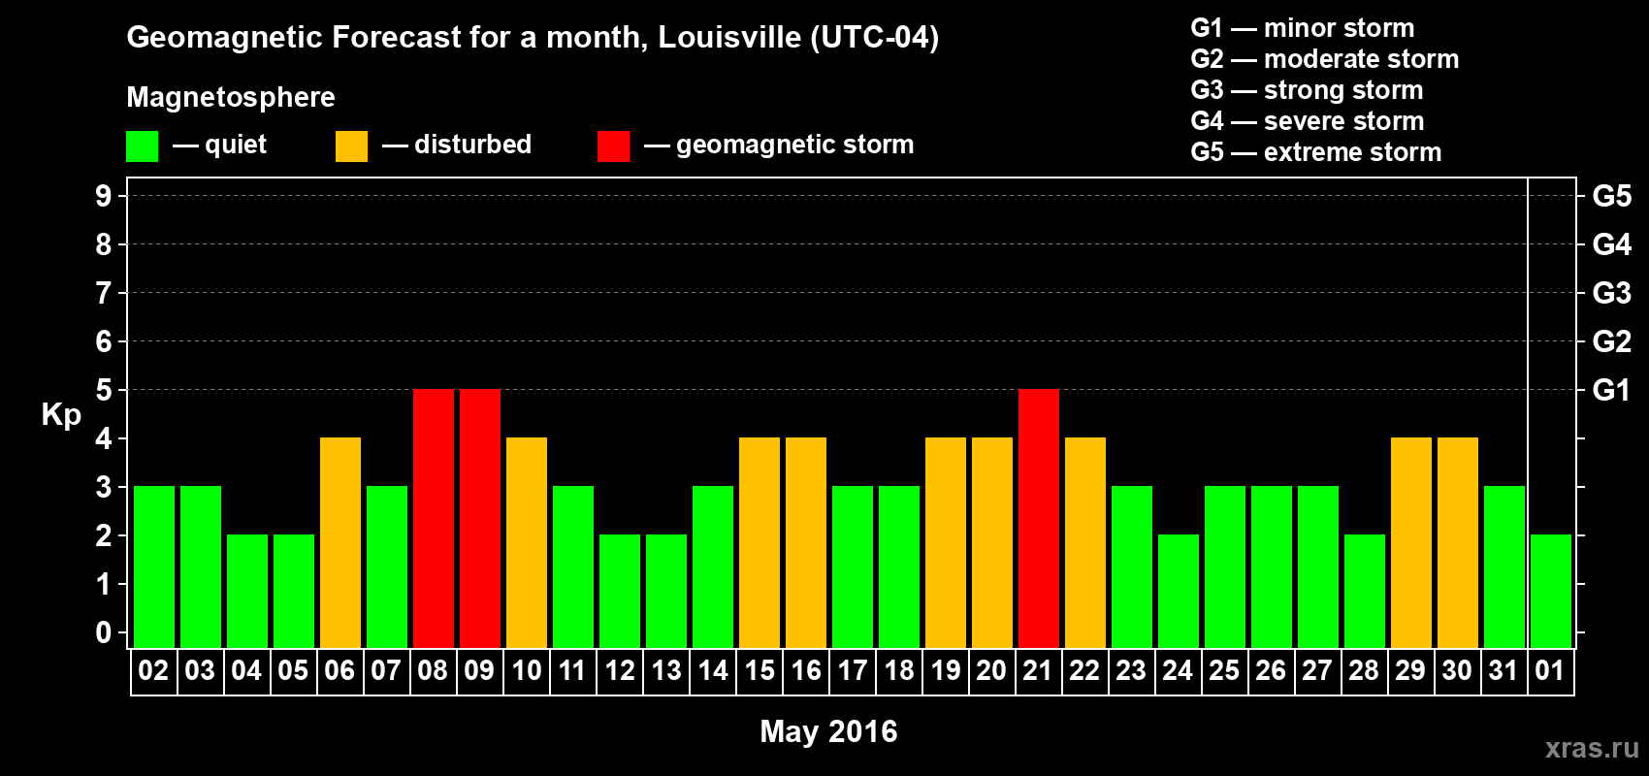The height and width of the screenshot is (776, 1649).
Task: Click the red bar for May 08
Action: click(433, 518)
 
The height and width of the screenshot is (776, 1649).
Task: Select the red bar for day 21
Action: click(1038, 518)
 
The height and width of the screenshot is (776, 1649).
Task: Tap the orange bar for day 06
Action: click(339, 542)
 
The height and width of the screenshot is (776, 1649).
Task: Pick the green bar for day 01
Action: click(1550, 591)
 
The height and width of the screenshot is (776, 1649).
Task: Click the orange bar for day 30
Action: click(1457, 542)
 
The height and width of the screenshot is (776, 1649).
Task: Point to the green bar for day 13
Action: click(665, 591)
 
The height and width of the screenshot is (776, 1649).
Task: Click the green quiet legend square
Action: click(142, 146)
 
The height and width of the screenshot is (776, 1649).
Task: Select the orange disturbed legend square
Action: click(351, 146)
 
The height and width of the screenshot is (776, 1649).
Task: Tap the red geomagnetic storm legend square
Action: click(613, 146)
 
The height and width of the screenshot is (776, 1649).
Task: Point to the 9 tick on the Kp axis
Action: click(104, 196)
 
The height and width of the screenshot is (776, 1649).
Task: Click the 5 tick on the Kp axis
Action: click(104, 390)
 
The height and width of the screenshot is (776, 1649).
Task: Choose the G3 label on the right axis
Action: click(1611, 293)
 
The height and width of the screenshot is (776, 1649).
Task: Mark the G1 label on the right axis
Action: click(1611, 390)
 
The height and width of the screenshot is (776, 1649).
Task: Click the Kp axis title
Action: click(61, 415)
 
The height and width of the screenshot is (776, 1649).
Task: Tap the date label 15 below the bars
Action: click(759, 671)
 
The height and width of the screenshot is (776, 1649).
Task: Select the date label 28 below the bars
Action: click(1363, 671)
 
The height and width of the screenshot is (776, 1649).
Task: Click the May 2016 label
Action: click(828, 731)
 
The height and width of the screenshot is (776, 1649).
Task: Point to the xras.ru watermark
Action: click(1591, 748)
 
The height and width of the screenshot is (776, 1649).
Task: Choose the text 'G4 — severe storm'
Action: click(1307, 121)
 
